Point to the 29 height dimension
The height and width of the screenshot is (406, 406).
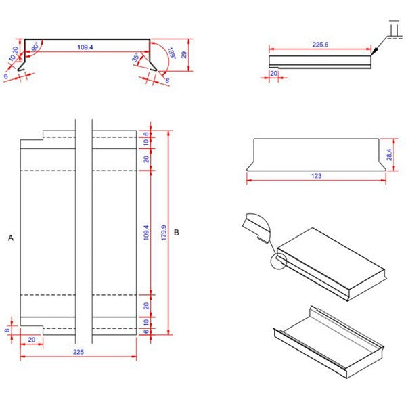click(184, 54)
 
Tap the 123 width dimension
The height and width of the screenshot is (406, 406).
click(315, 176)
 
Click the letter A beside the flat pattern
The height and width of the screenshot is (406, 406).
click(10, 238)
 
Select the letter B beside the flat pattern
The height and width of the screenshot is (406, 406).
click(177, 232)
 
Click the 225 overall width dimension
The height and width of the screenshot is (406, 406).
click(78, 352)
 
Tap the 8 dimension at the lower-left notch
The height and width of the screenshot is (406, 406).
click(7, 330)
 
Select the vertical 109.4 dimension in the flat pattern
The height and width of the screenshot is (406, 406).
click(146, 232)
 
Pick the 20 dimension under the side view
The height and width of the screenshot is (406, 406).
click(274, 72)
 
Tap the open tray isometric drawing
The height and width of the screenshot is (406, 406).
click(328, 342)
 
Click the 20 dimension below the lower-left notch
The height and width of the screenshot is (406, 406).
click(32, 340)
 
